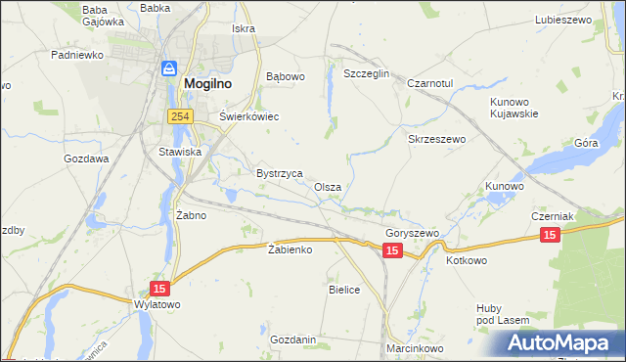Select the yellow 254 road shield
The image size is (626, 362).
[x=178, y=116]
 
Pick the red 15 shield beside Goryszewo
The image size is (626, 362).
[x=391, y=251]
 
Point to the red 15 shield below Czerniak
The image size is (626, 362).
[x=550, y=235]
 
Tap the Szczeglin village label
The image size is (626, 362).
[x=367, y=74]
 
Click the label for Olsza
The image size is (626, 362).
[x=328, y=186]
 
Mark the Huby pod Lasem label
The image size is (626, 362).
[x=503, y=313]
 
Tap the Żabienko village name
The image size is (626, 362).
[x=290, y=249]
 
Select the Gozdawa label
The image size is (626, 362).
[x=86, y=158]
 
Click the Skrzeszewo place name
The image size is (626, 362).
[x=436, y=139]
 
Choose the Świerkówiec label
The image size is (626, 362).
[x=248, y=116]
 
